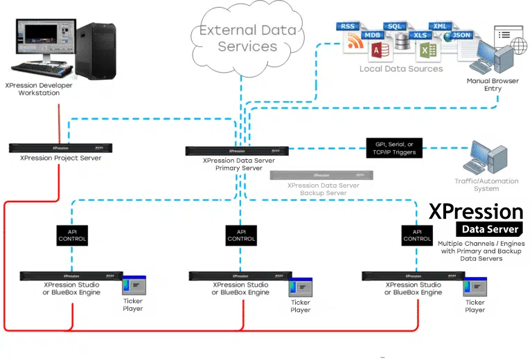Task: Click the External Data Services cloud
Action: pos(247,38)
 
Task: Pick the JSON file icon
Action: pos(459,39)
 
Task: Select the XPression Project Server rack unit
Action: pos(55,147)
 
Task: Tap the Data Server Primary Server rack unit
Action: pos(237,150)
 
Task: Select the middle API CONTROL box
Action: pos(241,235)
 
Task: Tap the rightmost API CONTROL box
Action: pos(417,235)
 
